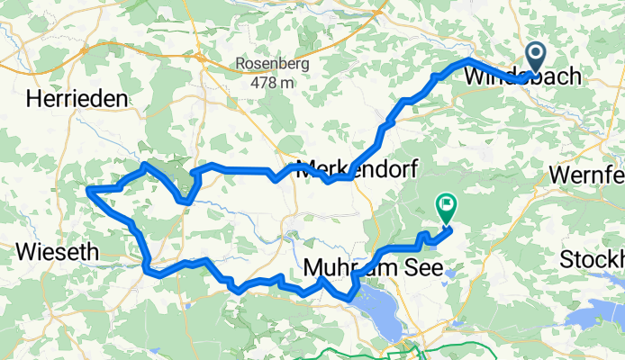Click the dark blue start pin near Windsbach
tap(536, 57)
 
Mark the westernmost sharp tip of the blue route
tap(87, 189)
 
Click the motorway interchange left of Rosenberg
tap(86, 50)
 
